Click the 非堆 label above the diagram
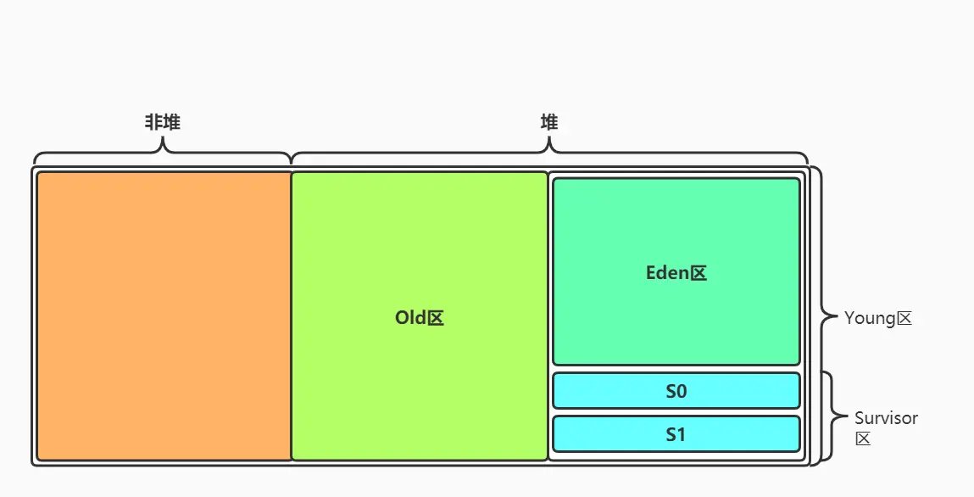click(162, 122)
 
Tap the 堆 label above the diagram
click(549, 122)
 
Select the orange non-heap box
click(164, 316)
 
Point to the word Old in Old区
click(410, 318)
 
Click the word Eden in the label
click(666, 273)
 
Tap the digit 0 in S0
click(681, 392)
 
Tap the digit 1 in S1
click(681, 435)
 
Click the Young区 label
click(877, 319)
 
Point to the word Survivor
click(886, 418)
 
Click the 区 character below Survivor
click(863, 438)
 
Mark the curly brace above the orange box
click(162, 153)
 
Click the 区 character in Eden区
click(698, 273)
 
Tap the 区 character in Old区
click(435, 318)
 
